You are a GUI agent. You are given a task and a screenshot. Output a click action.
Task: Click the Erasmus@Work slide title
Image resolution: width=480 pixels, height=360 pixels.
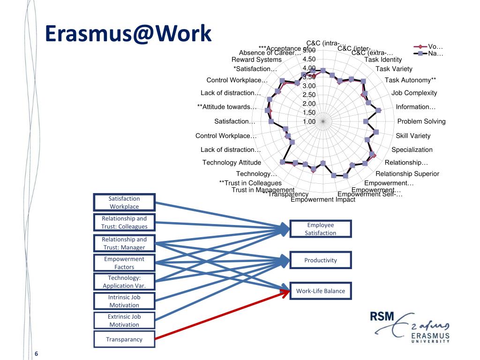pyautogui.click(x=128, y=35)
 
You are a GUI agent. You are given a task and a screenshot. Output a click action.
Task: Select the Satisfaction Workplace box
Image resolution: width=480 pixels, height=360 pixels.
pyautogui.click(x=124, y=202)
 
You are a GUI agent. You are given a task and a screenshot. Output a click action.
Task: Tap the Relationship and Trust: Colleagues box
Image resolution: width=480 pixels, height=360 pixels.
pyautogui.click(x=124, y=222)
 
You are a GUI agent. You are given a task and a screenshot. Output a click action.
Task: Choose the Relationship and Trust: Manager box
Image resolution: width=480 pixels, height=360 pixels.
pyautogui.click(x=124, y=243)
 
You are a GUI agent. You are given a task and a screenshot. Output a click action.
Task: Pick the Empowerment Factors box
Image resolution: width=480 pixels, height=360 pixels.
pyautogui.click(x=124, y=263)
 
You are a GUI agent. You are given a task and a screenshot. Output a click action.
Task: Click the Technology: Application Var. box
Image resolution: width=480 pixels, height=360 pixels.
pyautogui.click(x=124, y=282)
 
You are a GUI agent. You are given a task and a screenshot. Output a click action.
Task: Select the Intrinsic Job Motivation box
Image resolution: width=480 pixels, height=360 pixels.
pyautogui.click(x=124, y=301)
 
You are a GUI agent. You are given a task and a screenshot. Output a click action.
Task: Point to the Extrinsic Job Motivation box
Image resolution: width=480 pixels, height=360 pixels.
pyautogui.click(x=124, y=321)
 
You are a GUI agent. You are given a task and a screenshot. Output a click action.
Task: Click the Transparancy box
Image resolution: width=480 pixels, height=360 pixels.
pyautogui.click(x=124, y=339)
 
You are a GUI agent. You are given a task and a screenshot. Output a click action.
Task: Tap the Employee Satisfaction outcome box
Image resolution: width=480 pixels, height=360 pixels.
pyautogui.click(x=320, y=229)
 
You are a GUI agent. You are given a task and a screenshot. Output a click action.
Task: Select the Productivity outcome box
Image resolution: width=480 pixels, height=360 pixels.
pyautogui.click(x=320, y=260)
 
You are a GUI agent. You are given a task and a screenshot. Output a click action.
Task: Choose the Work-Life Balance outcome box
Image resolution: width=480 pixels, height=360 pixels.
pyautogui.click(x=320, y=291)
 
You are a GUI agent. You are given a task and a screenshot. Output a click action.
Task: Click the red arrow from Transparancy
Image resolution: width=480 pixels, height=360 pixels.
pyautogui.click(x=220, y=315)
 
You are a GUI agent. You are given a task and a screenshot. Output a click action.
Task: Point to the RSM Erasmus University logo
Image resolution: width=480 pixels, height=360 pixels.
pyautogui.click(x=410, y=327)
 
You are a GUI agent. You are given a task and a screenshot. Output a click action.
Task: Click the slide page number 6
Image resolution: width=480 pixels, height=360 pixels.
pyautogui.click(x=36, y=353)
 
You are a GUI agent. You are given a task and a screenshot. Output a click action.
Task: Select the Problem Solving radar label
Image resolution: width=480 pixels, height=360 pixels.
pyautogui.click(x=421, y=121)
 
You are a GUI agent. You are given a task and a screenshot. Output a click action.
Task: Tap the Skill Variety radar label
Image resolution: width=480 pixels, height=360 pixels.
pyautogui.click(x=413, y=136)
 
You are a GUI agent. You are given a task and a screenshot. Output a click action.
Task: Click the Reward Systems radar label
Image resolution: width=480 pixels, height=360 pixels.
pyautogui.click(x=256, y=60)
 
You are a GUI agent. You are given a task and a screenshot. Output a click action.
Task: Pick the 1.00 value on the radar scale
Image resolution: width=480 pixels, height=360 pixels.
pyautogui.click(x=309, y=121)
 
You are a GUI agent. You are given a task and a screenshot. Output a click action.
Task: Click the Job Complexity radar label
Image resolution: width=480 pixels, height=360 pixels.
pyautogui.click(x=414, y=93)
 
